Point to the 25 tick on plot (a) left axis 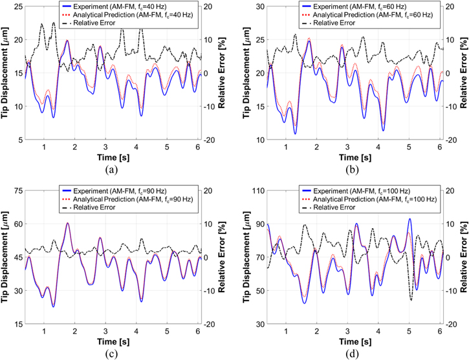coord(16,6)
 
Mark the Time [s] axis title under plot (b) coord(354,157)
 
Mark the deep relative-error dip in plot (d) coord(411,300)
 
